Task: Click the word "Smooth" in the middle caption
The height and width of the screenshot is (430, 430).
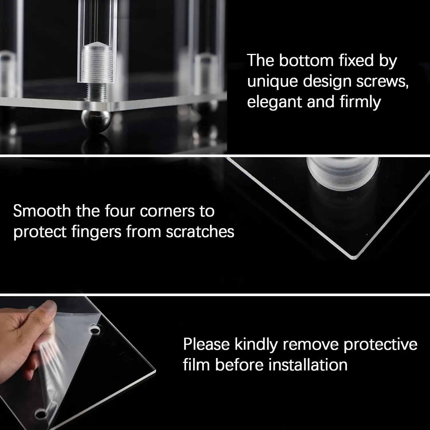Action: point(42,211)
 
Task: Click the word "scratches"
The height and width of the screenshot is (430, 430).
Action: point(200,232)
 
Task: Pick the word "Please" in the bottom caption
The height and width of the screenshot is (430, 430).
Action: point(206,344)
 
